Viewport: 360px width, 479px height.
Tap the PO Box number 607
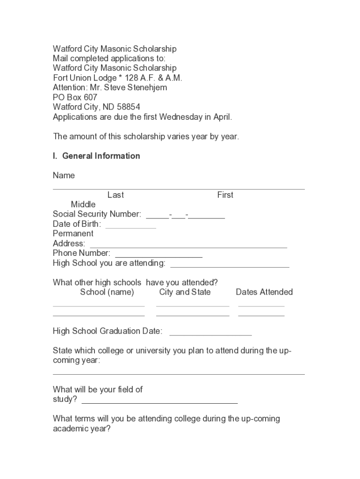(x=91, y=97)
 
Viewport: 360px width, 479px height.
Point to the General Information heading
(x=101, y=156)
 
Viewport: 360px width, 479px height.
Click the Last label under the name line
(x=115, y=195)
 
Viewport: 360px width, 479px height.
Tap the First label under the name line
(x=225, y=195)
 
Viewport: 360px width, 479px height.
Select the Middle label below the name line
(x=83, y=204)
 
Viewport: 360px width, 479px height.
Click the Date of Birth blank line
(x=130, y=226)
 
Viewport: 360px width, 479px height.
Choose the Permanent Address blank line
(x=188, y=246)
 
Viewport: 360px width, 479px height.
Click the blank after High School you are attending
(x=230, y=265)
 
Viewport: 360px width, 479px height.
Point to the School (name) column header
(x=107, y=292)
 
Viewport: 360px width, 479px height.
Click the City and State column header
(x=185, y=292)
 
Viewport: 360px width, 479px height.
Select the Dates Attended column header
(x=264, y=292)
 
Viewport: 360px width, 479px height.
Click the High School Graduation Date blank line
(x=210, y=334)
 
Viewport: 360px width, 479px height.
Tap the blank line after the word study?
(x=159, y=401)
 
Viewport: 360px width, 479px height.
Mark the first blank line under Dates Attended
(x=261, y=305)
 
